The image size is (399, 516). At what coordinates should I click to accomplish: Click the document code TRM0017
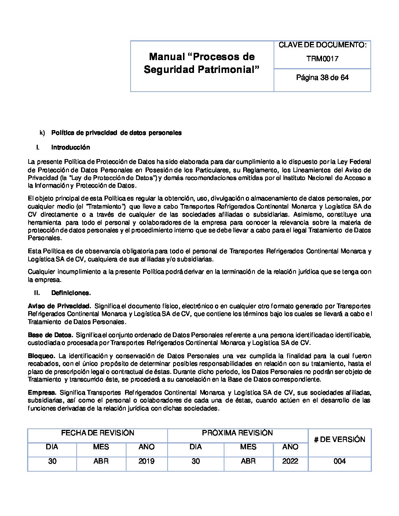322,59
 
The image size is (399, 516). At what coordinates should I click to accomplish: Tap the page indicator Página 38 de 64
322,78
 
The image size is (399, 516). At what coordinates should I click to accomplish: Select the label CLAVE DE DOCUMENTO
322,45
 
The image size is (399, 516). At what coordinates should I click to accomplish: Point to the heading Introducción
70,147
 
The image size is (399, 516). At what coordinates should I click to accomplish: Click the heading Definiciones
71,293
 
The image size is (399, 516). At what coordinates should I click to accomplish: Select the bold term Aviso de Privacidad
59,306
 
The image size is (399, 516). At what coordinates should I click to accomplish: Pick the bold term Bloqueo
41,356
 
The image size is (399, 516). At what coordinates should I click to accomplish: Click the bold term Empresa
42,393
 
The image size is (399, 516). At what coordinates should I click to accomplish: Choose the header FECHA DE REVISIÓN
98,433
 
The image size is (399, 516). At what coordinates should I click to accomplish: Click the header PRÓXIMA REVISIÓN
237,433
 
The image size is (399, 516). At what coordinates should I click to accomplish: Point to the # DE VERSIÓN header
340,439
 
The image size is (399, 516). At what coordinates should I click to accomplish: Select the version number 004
340,461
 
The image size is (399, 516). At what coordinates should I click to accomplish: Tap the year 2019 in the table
146,461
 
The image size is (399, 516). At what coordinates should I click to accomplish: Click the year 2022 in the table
290,461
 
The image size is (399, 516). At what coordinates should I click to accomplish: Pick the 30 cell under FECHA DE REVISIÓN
52,461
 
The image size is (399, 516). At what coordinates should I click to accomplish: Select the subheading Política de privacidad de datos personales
116,133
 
